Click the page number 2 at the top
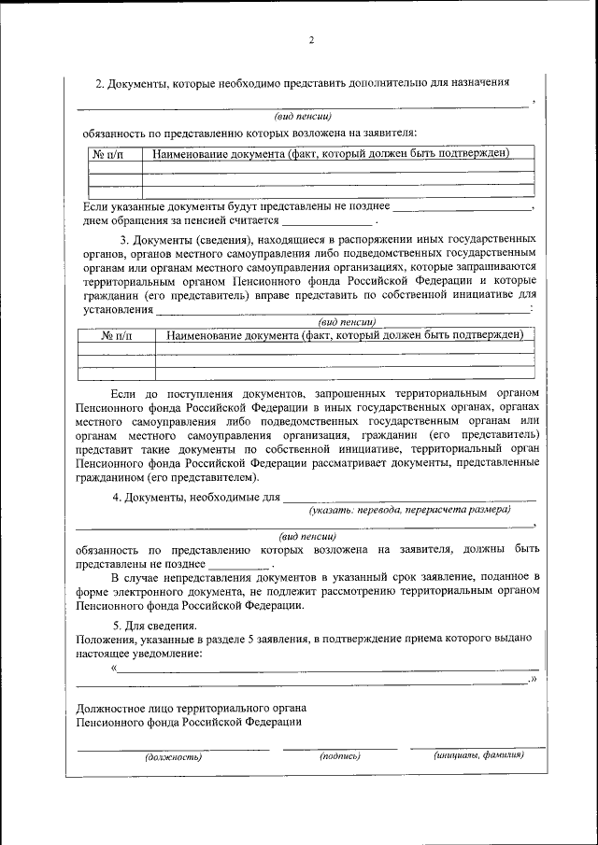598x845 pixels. click(x=311, y=40)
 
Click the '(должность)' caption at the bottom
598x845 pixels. click(x=173, y=756)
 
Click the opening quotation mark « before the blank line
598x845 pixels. click(x=114, y=668)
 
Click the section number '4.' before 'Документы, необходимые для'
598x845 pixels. click(x=117, y=496)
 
